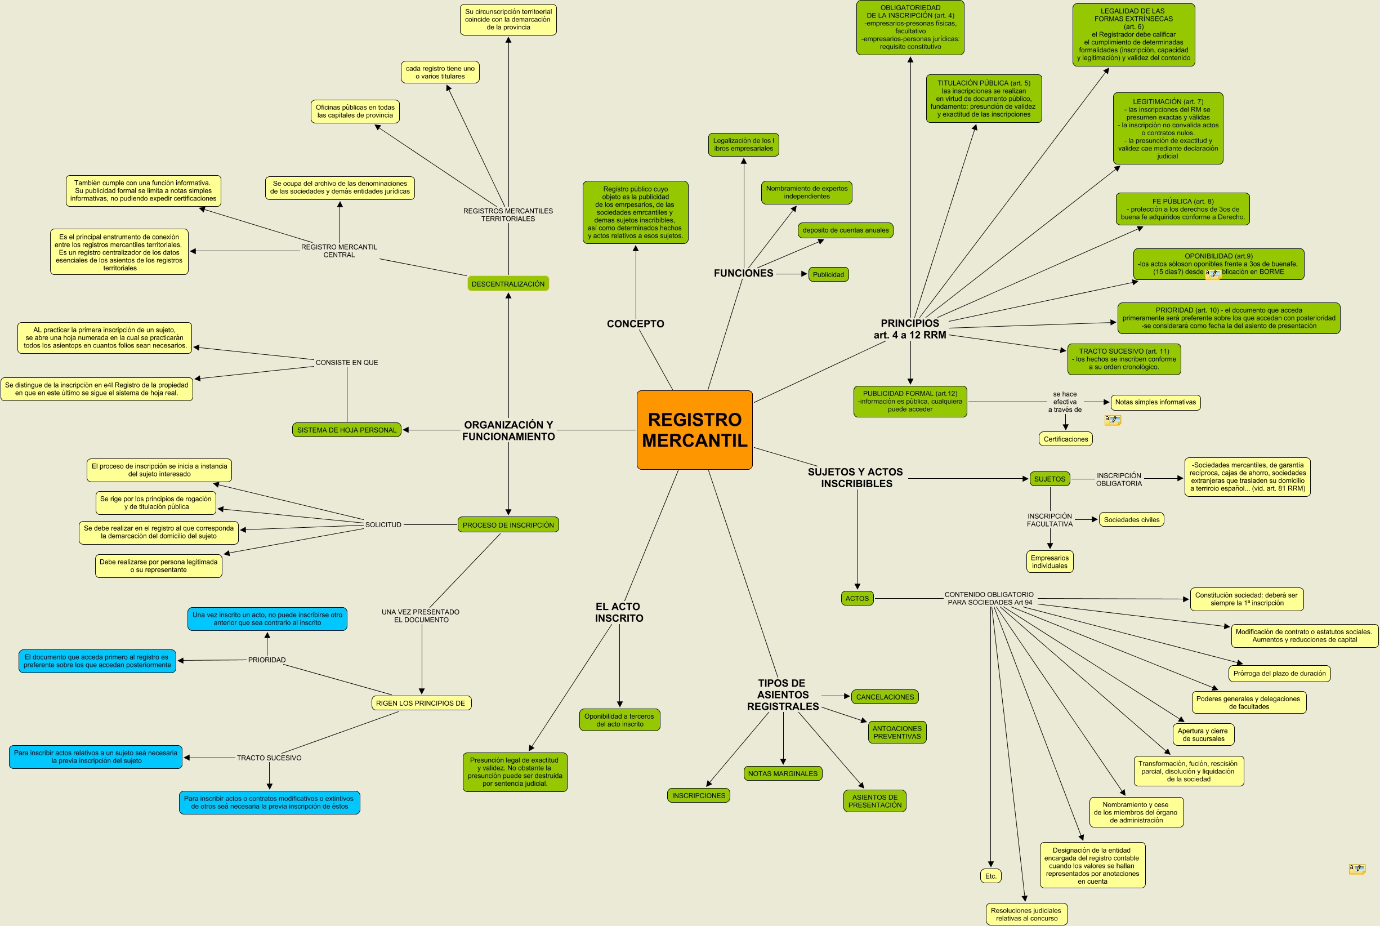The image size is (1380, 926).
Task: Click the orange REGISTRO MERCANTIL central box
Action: tap(694, 430)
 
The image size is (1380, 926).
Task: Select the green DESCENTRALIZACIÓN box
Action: tap(508, 284)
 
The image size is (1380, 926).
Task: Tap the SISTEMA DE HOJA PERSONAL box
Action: tap(346, 430)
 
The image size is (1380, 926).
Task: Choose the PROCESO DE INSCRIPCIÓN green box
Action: tap(508, 525)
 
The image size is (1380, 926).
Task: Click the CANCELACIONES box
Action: tap(884, 697)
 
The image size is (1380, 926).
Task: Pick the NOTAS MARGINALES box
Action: tap(783, 773)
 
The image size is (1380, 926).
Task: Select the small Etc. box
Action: tap(990, 876)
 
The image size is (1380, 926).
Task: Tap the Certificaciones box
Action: tap(1065, 439)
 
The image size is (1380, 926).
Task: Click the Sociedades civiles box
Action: tap(1131, 520)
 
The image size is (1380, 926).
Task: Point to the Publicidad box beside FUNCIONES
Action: tap(828, 275)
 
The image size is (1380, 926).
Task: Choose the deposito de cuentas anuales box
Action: tap(845, 230)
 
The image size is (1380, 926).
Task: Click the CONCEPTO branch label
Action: tap(635, 324)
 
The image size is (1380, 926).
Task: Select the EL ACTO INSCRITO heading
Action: tap(619, 612)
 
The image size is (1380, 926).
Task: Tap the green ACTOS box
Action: tap(856, 598)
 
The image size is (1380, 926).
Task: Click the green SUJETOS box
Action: tap(1049, 479)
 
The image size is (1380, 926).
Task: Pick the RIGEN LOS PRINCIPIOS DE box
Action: tap(420, 703)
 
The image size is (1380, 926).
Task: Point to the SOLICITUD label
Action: tap(383, 524)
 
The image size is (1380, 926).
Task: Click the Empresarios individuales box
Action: tap(1049, 562)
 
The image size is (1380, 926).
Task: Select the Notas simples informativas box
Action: tap(1155, 402)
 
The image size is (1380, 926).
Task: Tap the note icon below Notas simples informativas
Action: tap(1113, 420)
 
